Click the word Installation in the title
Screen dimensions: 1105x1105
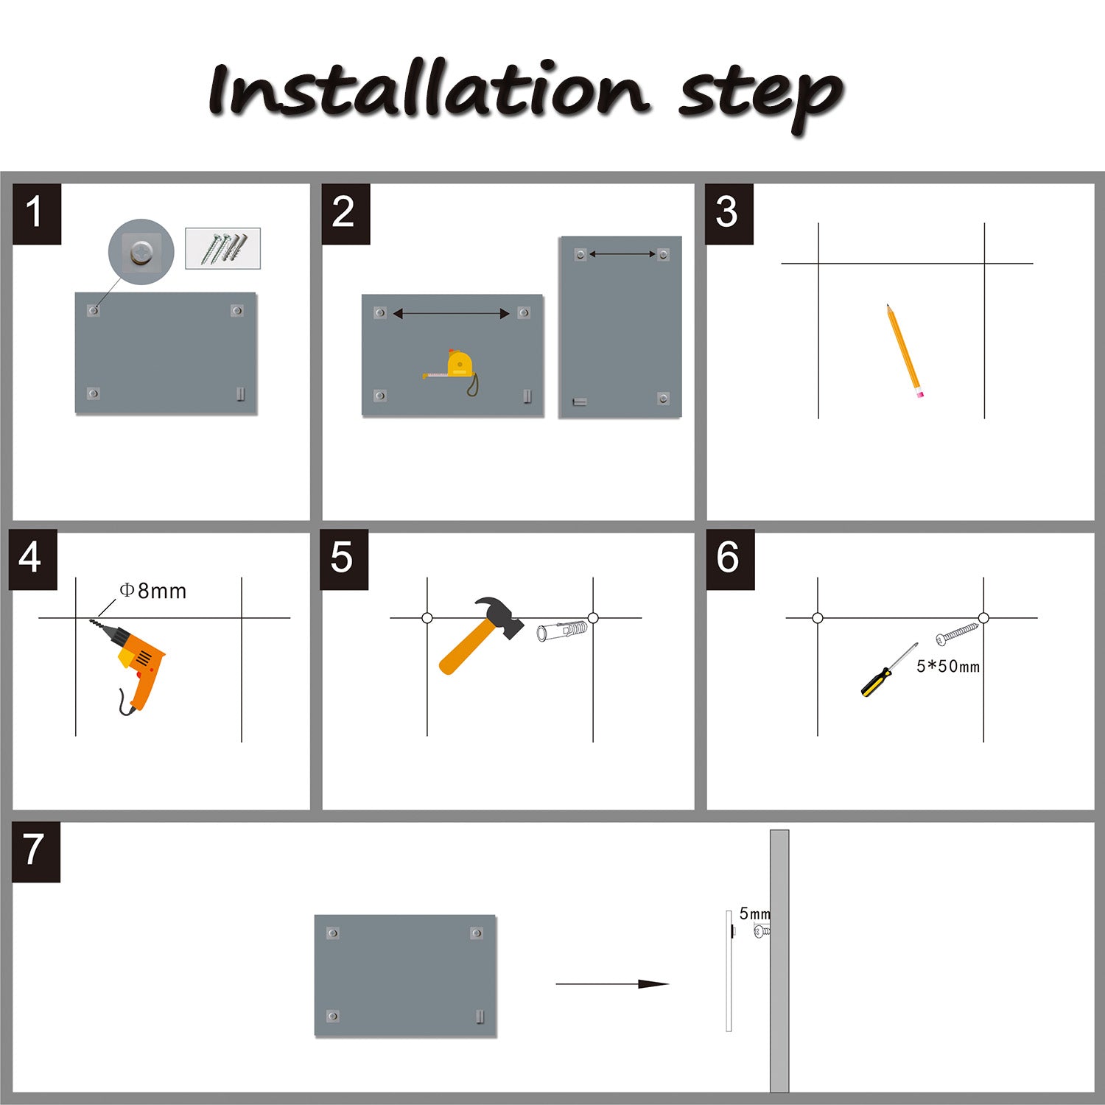point(429,90)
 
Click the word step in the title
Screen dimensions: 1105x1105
point(760,99)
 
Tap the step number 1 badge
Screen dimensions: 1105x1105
point(36,214)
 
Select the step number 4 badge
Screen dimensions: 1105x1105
point(32,559)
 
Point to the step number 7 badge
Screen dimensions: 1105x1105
point(35,852)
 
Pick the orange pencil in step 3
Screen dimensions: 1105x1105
point(905,351)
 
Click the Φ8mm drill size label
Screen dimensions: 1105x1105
point(153,591)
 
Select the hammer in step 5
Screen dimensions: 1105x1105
point(479,635)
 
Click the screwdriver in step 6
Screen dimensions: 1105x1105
point(889,670)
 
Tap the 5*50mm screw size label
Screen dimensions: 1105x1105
point(948,667)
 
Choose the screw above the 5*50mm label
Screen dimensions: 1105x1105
point(957,634)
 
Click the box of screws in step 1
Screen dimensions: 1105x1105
point(222,248)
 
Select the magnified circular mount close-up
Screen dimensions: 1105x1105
point(141,252)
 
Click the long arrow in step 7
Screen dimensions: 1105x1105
point(612,983)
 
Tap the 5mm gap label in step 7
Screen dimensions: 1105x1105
point(754,913)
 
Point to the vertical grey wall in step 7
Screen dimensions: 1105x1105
point(779,961)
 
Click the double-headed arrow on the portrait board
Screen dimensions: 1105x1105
point(622,254)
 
